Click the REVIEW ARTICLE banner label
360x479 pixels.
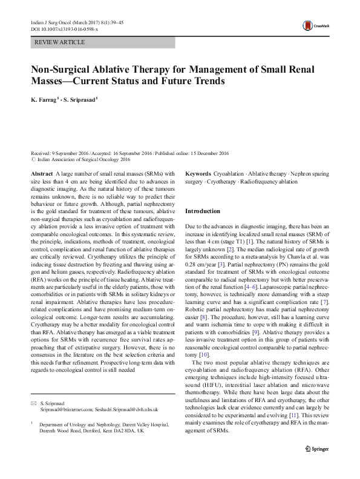(x=60, y=42)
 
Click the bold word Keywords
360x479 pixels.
(x=198, y=174)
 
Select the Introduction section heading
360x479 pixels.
(x=203, y=211)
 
